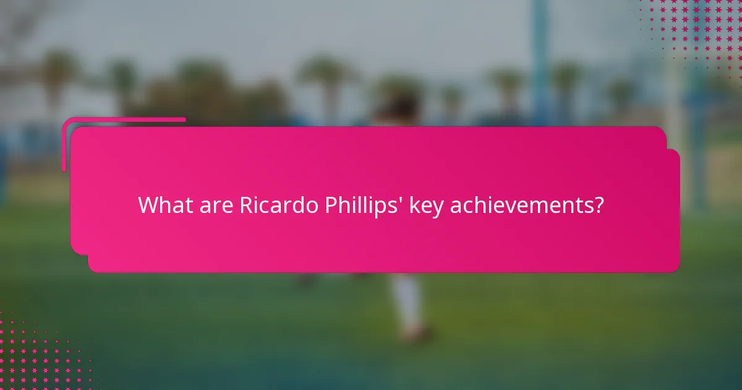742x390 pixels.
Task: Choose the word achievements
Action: [519, 205]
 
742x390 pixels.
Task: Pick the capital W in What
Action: [147, 205]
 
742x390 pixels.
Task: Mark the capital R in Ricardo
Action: [245, 205]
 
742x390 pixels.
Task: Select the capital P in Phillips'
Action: [331, 205]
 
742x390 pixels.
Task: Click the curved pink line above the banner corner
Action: [124, 119]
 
